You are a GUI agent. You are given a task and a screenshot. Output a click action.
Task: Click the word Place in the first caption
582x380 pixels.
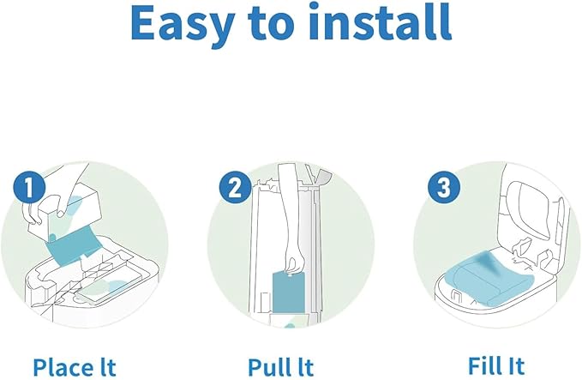[x=64, y=366]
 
